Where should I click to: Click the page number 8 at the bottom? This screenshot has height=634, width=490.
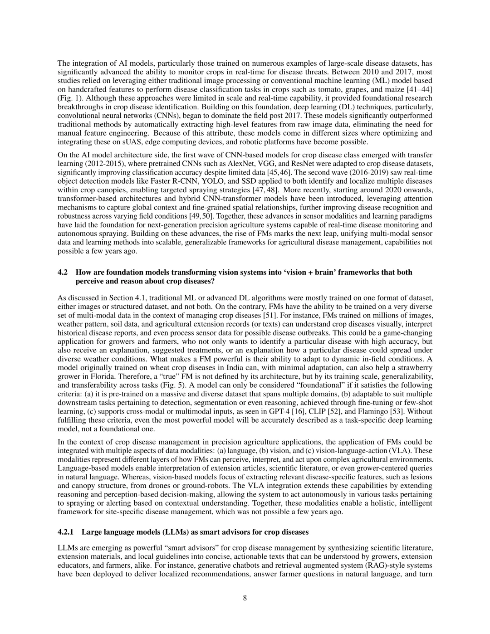[245, 598]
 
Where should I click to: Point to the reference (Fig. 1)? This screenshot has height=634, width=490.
[68, 98]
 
